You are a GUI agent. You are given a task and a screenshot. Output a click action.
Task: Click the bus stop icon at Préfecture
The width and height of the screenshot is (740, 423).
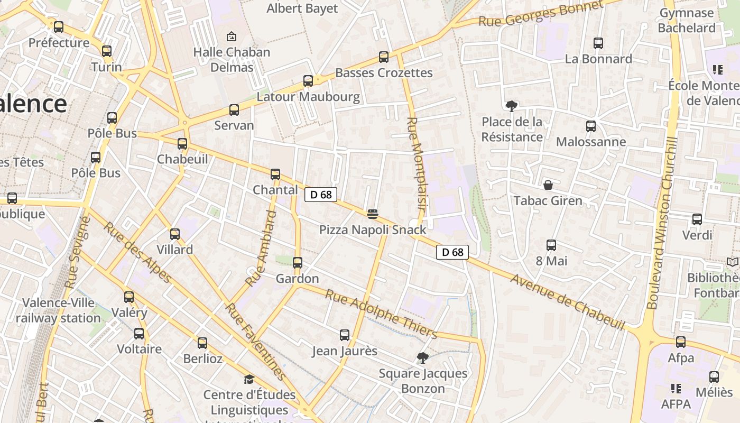[59, 26]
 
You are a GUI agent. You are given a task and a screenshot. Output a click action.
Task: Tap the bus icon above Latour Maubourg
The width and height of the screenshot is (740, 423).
[308, 81]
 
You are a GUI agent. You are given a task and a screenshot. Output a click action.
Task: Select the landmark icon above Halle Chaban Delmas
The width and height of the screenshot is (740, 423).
[231, 36]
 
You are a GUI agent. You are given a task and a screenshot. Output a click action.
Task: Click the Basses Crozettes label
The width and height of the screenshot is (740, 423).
[384, 73]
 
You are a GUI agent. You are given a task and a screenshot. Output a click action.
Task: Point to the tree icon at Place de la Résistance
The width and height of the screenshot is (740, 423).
[511, 106]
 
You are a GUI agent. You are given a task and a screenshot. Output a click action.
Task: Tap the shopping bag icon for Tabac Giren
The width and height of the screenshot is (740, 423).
[548, 185]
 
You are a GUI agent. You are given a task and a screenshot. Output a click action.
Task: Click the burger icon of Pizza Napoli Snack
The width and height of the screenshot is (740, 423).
[373, 214]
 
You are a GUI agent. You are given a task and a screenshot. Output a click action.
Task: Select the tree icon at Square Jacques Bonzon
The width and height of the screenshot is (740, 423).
[422, 358]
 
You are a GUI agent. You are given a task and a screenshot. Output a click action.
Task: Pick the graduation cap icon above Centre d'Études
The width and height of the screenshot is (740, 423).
[249, 379]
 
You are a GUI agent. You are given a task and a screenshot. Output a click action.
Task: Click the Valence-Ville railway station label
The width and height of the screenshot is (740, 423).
[58, 310]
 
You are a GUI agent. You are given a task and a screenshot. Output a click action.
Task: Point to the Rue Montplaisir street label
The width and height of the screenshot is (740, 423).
[417, 164]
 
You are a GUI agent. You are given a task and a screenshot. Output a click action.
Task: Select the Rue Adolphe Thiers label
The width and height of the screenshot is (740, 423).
[381, 314]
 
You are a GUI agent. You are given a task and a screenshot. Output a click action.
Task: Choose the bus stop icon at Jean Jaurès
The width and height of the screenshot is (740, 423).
[345, 335]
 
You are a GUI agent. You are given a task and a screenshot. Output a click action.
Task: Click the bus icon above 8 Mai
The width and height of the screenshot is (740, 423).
[551, 245]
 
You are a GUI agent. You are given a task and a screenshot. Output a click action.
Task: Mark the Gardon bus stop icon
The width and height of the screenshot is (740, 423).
[298, 263]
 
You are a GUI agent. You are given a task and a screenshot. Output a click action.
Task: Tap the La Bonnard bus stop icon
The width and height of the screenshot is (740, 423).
[598, 43]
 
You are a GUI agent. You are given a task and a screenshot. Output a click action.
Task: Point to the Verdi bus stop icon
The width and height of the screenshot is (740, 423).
[697, 219]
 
